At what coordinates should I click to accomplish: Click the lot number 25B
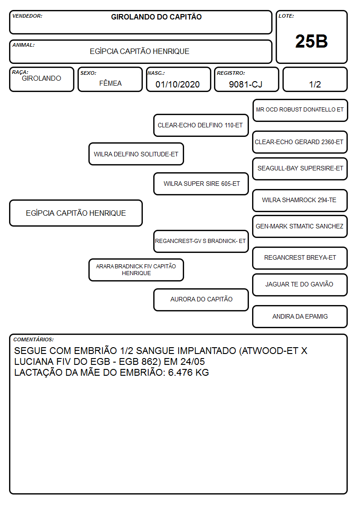click(311, 41)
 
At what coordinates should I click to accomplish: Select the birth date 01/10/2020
click(178, 84)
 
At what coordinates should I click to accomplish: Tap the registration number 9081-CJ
click(245, 84)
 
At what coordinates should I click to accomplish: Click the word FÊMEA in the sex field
click(110, 83)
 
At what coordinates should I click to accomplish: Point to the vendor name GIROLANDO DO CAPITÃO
click(156, 17)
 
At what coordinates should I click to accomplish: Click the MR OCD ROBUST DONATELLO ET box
click(300, 111)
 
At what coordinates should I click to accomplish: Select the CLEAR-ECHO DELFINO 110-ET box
click(201, 125)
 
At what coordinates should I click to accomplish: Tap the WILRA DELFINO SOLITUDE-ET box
click(136, 154)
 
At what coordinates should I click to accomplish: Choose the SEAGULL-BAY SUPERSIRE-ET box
click(300, 169)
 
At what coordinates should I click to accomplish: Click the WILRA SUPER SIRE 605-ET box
click(201, 184)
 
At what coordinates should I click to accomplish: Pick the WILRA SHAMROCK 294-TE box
click(300, 200)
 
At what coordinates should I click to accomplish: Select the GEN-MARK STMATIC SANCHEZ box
click(300, 226)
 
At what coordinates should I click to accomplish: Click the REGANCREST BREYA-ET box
click(300, 258)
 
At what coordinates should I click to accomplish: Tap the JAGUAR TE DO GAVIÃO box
click(300, 285)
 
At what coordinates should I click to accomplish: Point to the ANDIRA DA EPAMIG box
click(300, 316)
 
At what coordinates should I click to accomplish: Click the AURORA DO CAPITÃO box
click(201, 300)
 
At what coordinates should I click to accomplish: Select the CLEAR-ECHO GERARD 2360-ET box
click(300, 142)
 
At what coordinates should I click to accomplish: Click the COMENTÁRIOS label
click(34, 339)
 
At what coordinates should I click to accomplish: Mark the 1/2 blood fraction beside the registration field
click(315, 84)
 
